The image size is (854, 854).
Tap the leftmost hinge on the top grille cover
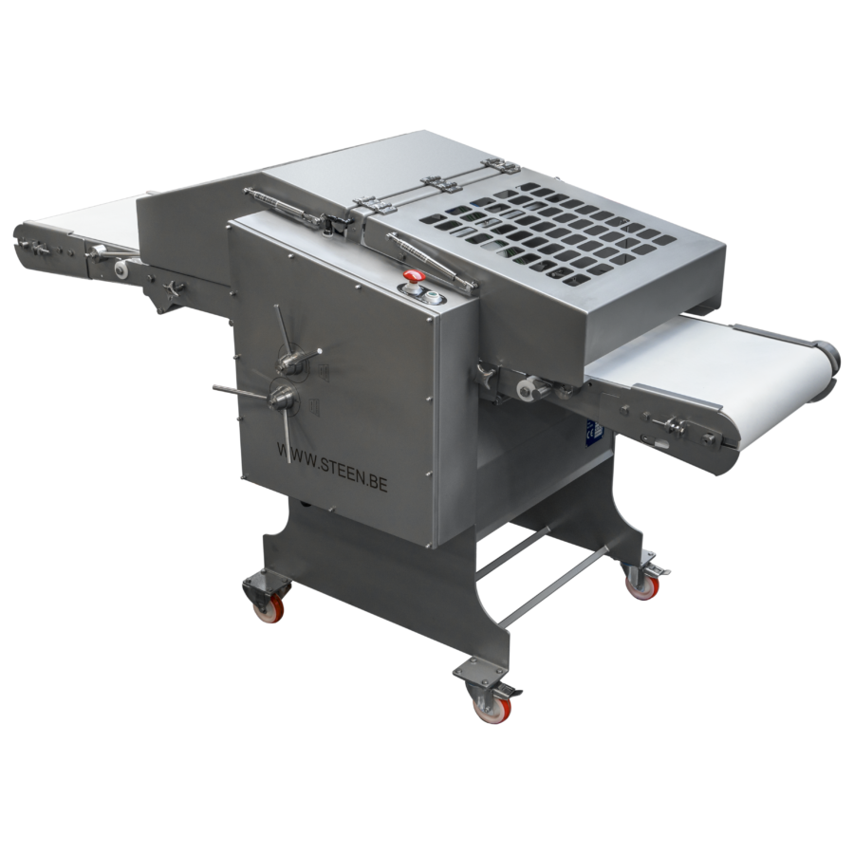(368, 204)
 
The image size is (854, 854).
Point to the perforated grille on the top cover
(531, 228)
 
